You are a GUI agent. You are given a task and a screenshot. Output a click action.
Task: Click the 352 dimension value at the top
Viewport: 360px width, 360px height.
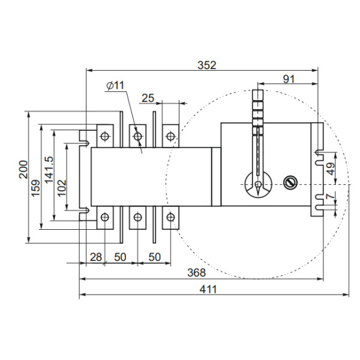(206, 65)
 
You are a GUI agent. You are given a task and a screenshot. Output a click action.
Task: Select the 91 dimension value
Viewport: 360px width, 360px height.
(289, 79)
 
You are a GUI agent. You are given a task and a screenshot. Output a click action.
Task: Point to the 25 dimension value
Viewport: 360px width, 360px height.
(148, 97)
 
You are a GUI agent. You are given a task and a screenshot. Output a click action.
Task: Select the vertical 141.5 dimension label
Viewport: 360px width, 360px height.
(49, 170)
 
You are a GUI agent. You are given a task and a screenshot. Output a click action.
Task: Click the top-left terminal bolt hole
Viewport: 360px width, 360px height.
(105, 137)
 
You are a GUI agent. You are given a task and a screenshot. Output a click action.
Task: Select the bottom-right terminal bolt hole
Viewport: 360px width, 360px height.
(171, 217)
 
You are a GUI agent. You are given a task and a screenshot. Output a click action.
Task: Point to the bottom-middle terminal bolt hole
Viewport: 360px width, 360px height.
(138, 217)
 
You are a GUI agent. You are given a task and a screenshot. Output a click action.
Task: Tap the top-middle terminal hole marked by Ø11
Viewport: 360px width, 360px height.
(138, 137)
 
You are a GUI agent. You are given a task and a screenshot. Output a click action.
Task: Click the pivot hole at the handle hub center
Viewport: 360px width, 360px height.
(257, 184)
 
